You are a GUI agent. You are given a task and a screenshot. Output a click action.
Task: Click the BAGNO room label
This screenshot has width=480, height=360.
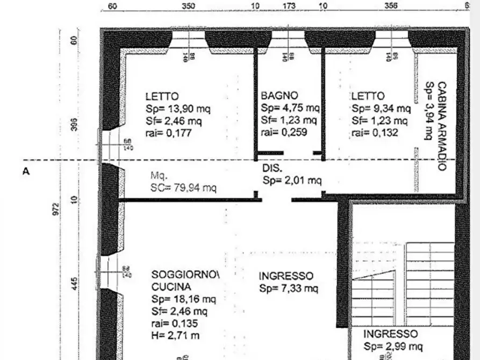[280, 96]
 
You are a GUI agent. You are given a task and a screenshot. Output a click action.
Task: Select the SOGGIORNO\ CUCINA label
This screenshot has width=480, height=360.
[186, 280]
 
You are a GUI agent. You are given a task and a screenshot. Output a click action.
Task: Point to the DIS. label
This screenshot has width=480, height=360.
[272, 168]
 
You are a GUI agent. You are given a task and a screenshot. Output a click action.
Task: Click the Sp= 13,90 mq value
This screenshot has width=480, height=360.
[178, 109]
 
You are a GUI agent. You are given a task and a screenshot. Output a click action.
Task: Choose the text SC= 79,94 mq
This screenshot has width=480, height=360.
[183, 188]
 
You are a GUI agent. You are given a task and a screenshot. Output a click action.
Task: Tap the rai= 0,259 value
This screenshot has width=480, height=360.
[284, 132]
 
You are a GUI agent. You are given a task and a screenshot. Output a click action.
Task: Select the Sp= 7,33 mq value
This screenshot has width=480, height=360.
[289, 289]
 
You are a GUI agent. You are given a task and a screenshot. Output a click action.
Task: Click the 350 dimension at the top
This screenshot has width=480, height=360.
[188, 6]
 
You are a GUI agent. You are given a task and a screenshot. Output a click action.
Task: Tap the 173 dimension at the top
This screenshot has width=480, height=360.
[289, 6]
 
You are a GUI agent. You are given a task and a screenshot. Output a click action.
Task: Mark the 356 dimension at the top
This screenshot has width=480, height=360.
[391, 6]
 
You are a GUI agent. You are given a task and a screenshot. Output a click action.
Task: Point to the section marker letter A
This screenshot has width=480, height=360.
[25, 171]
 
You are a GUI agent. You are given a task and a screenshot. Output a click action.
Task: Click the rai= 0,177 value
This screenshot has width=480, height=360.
[168, 133]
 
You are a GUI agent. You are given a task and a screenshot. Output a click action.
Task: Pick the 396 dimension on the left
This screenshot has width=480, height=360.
[74, 124]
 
